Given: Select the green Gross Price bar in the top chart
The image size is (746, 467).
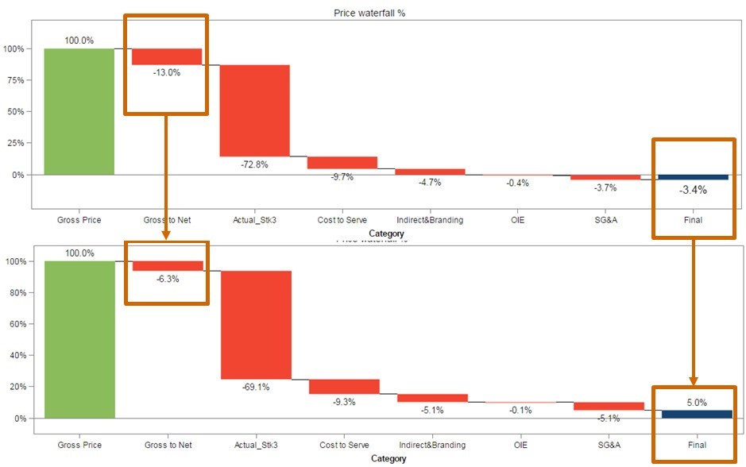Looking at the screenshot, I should point(79,111).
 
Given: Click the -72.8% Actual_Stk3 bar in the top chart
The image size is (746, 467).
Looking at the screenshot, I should point(254,110).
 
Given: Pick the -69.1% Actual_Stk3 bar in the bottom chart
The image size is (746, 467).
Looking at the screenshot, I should point(255,325).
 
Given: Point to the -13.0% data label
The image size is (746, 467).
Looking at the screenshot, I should point(167,72).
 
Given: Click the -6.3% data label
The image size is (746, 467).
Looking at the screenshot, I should point(167,279).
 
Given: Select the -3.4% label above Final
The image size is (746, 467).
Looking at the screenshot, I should point(693,191).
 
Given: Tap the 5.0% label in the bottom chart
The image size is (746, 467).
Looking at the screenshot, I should point(693,403).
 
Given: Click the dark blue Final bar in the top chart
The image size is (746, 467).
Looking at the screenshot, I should point(693,177).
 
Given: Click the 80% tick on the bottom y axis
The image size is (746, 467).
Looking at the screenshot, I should point(15,293).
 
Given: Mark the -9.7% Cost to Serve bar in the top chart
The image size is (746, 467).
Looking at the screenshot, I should point(342,163).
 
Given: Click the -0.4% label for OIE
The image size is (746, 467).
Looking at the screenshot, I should point(517,183).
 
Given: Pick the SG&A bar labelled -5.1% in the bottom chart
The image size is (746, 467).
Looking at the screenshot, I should point(608,406).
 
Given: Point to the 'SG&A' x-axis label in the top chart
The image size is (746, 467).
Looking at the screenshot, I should point(605,220).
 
